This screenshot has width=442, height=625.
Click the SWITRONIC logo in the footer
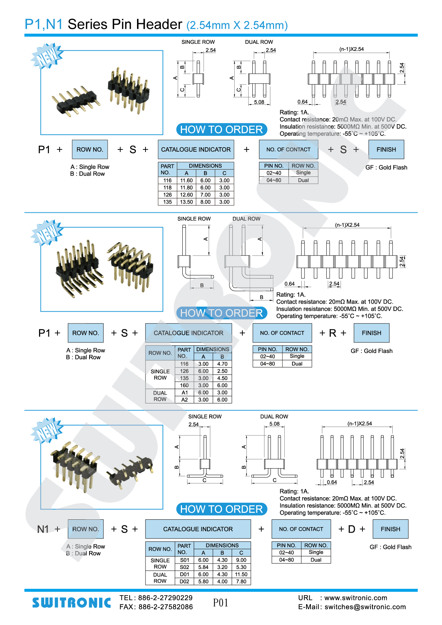tap(71, 603)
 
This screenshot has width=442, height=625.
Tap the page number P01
tap(221, 603)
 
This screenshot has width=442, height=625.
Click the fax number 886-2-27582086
tap(165, 607)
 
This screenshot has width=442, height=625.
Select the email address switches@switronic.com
tap(365, 607)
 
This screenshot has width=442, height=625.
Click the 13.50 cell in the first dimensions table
tap(186, 202)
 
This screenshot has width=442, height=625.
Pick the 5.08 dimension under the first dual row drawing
tap(259, 102)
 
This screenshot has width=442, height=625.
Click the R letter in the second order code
tap(333, 333)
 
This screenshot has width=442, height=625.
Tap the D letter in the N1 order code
tap(352, 529)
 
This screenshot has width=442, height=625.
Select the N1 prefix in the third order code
tap(43, 529)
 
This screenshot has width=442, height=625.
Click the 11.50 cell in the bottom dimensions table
tap(241, 575)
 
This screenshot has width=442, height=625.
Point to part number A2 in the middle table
tap(185, 400)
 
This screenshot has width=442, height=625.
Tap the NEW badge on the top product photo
tap(47, 56)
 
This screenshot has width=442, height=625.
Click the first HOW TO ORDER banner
tap(221, 130)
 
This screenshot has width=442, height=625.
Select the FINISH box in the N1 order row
tap(390, 529)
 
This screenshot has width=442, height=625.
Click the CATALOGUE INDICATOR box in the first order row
tap(196, 149)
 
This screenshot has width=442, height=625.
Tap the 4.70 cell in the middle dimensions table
tap(222, 364)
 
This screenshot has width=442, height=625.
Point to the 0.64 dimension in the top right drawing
tap(302, 102)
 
